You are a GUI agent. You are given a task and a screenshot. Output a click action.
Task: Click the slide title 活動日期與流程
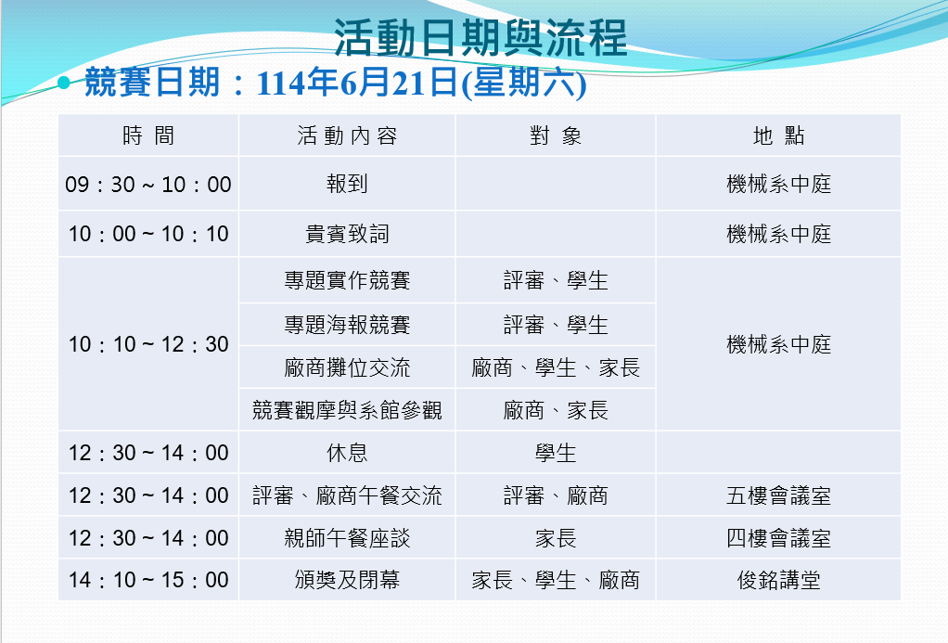click(x=480, y=38)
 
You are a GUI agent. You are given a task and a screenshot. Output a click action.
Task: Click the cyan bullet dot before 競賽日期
click(x=64, y=83)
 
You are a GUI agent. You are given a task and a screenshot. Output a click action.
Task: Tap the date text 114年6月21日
click(x=357, y=83)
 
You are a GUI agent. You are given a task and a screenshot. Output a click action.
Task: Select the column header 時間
click(x=148, y=135)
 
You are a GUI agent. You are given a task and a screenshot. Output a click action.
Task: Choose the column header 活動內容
click(x=347, y=135)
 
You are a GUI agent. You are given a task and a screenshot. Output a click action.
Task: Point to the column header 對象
click(x=556, y=135)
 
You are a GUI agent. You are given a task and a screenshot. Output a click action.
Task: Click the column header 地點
click(x=779, y=135)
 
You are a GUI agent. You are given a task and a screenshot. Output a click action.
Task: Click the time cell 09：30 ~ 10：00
click(x=148, y=184)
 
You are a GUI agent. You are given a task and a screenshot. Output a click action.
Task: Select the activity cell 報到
click(x=347, y=184)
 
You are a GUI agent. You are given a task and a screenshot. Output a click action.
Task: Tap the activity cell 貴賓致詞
click(x=347, y=234)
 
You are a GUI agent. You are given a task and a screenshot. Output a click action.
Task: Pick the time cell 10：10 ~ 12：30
click(x=148, y=344)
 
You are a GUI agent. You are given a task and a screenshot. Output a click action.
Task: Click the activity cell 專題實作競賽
click(x=347, y=280)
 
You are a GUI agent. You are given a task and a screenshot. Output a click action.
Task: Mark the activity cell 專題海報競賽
click(x=347, y=325)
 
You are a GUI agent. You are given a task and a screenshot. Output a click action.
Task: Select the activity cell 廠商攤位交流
click(x=347, y=367)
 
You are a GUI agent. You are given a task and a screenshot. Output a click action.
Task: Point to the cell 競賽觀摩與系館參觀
click(x=347, y=410)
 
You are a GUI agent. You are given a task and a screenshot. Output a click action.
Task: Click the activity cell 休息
click(x=347, y=453)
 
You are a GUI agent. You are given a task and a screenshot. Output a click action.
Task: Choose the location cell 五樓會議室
click(x=779, y=496)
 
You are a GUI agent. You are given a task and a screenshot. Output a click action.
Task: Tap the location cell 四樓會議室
click(x=779, y=538)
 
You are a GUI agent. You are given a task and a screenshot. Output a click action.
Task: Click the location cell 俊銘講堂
click(x=779, y=580)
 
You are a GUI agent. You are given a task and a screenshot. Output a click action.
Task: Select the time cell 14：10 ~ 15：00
click(x=148, y=580)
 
